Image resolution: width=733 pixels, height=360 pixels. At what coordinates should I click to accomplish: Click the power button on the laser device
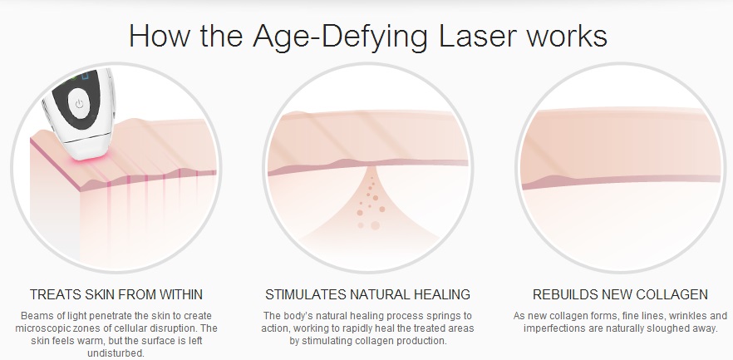tap(79, 104)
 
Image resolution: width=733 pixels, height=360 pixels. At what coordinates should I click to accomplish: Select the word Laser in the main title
tap(478, 36)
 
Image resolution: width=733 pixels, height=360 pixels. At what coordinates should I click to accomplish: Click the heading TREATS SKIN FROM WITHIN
tap(116, 294)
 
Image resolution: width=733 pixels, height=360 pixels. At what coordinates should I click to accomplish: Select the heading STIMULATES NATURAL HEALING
tap(367, 294)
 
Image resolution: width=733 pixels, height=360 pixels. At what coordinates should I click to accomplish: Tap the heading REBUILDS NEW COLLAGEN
tap(620, 294)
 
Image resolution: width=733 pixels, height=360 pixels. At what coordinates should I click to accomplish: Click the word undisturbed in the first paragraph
tap(116, 353)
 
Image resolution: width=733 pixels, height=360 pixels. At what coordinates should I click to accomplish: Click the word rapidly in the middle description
tap(373, 328)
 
